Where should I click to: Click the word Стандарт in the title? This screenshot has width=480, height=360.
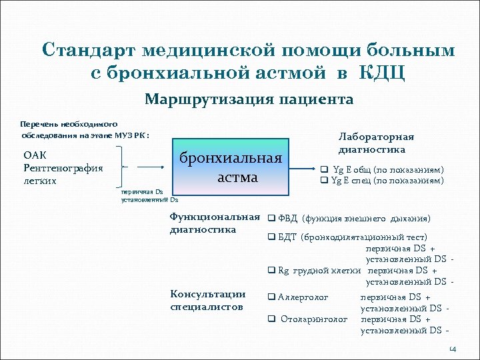pyautogui.click(x=91, y=50)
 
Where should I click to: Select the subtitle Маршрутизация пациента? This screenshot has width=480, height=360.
pyautogui.click(x=249, y=99)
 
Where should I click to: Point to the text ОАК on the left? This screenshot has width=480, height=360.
pyautogui.click(x=34, y=155)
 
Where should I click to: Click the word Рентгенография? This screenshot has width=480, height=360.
pyautogui.click(x=63, y=168)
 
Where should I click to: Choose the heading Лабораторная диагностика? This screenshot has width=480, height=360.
pyautogui.click(x=376, y=143)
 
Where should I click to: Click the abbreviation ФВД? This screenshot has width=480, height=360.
pyautogui.click(x=288, y=218)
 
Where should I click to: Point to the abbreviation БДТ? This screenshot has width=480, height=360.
pyautogui.click(x=287, y=237)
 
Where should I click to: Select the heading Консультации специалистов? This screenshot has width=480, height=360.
pyautogui.click(x=209, y=300)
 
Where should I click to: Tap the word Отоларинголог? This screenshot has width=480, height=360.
pyautogui.click(x=314, y=319)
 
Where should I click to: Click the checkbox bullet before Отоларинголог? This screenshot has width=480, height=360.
pyautogui.click(x=271, y=319)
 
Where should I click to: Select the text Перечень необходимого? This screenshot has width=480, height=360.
pyautogui.click(x=69, y=124)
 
